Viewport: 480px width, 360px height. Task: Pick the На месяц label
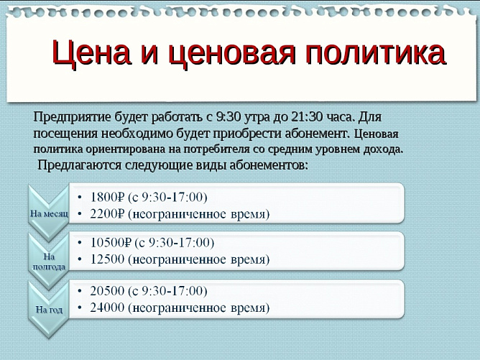[48, 213]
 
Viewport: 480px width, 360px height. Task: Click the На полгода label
[49, 261]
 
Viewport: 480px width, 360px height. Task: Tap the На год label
[49, 309]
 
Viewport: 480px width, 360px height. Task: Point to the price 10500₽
[111, 241]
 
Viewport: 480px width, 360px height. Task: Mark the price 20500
[107, 291]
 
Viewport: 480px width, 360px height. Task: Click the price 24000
[107, 308]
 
